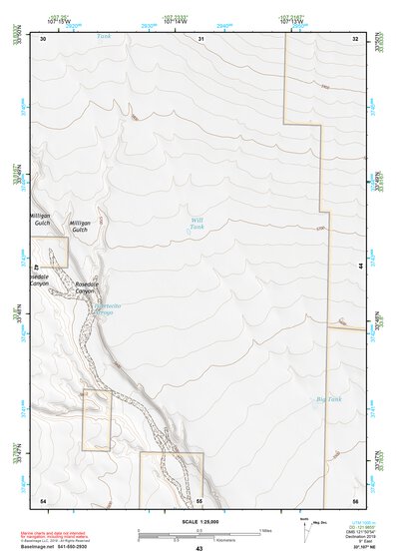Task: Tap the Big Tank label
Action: click(x=328, y=399)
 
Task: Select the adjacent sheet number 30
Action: click(x=43, y=39)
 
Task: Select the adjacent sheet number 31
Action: click(x=200, y=39)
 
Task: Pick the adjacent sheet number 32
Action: click(x=355, y=39)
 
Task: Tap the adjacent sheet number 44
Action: click(x=360, y=267)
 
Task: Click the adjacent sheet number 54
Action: click(x=43, y=499)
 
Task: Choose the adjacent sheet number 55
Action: click(x=199, y=499)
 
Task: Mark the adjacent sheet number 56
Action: click(x=355, y=499)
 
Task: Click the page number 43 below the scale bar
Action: click(x=199, y=549)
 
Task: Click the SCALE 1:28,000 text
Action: click(x=198, y=521)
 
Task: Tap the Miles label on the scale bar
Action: click(x=265, y=529)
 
